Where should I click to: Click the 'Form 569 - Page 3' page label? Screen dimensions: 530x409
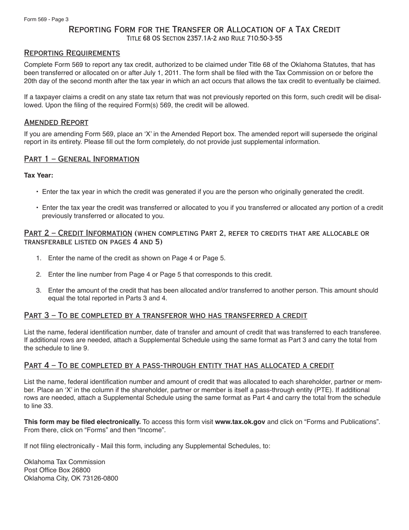[x=46, y=19]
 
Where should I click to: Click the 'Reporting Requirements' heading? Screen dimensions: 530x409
[x=72, y=53]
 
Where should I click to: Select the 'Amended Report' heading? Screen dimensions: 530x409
[x=56, y=122]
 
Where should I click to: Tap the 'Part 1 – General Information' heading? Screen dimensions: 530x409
[x=81, y=159]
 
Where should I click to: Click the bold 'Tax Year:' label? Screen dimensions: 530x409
[x=38, y=175]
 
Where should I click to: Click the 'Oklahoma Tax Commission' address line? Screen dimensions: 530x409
[x=64, y=461]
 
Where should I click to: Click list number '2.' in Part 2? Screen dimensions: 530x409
[x=39, y=274]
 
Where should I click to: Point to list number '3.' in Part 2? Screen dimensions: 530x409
[x=39, y=290]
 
